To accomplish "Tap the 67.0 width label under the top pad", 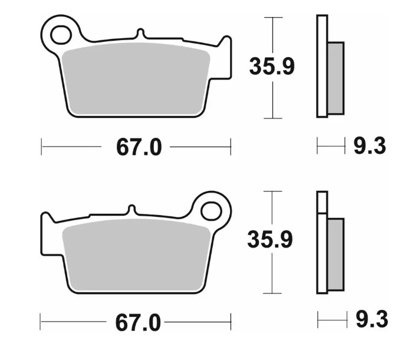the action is pos(139,147).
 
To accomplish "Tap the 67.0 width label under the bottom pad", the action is pos(138,323).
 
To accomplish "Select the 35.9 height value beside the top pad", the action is pos(272,67).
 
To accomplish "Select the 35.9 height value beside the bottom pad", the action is pos(270,239).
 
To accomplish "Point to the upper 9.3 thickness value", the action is pos(370,146).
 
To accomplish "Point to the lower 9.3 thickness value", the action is pos(371,319).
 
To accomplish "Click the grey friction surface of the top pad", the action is pos(136,78).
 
